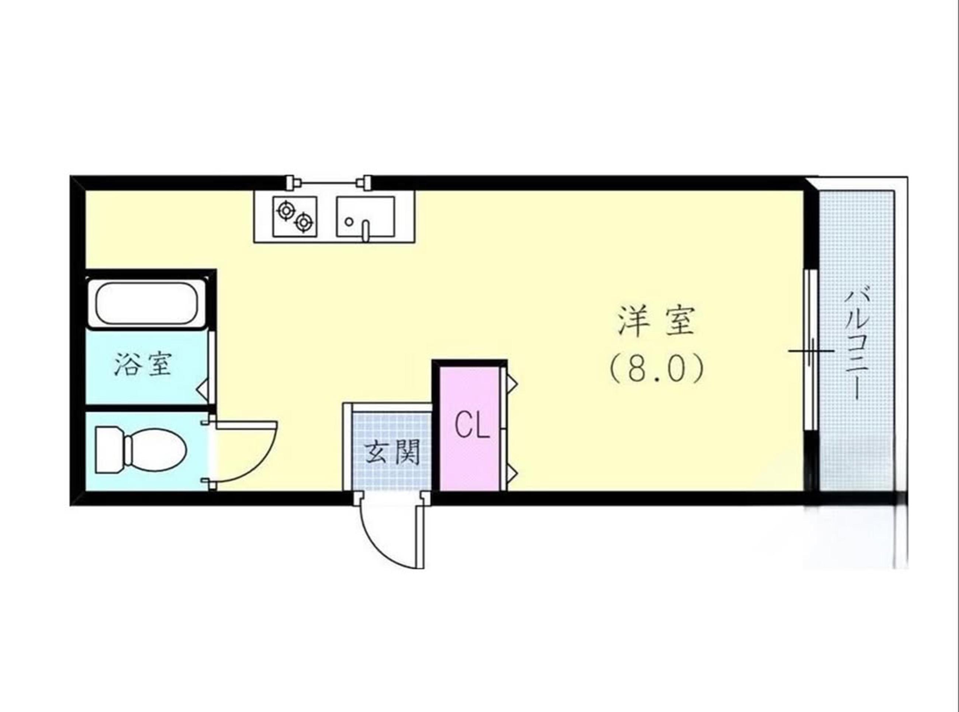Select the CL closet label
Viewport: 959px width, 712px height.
click(x=472, y=425)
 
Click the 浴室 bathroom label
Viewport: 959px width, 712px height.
click(x=144, y=365)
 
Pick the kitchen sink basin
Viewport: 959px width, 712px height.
click(x=365, y=217)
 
